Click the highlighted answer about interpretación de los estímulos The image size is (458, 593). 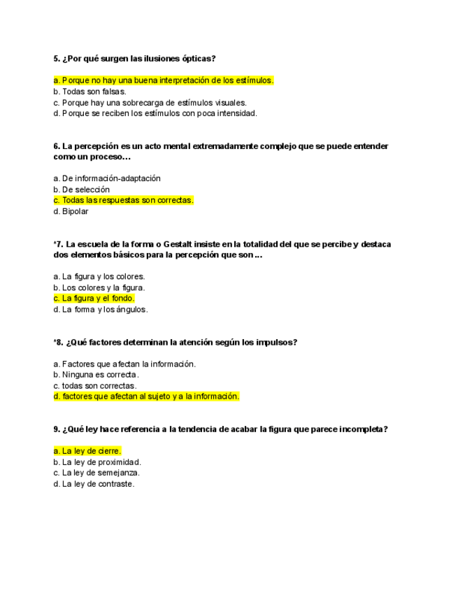(163, 80)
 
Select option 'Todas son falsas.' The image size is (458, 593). (90, 92)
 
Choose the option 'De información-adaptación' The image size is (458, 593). (106, 178)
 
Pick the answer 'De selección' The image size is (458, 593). (81, 190)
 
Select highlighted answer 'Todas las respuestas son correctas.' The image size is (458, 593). (123, 200)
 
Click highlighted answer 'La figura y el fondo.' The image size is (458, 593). (94, 298)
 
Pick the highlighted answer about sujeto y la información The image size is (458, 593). (146, 396)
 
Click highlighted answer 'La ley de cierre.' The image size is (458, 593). (87, 451)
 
